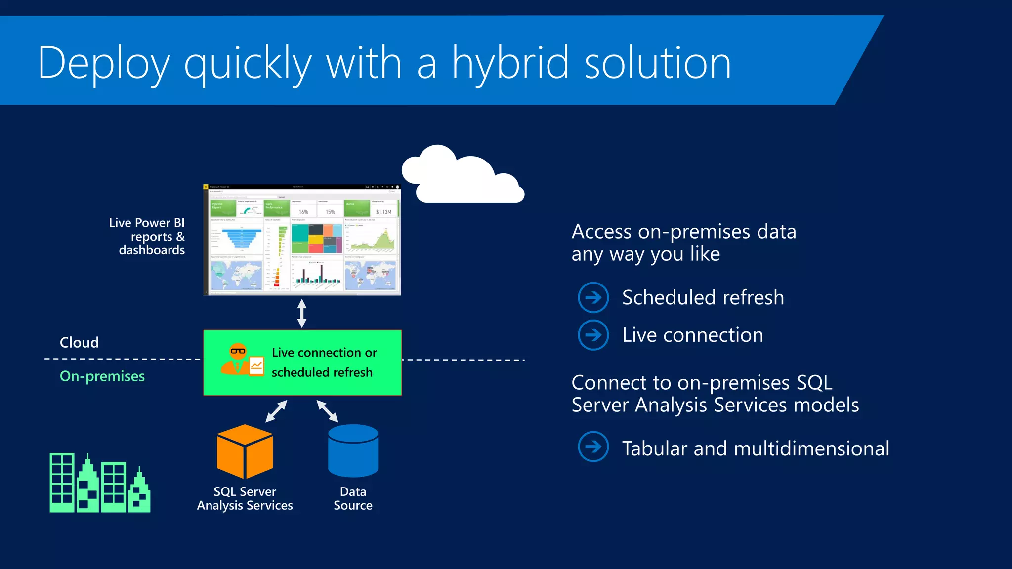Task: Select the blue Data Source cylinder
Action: point(353,450)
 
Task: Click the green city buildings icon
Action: point(100,484)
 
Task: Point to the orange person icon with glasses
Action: point(237,359)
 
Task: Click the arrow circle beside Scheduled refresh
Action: point(593,297)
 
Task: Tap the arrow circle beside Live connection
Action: point(593,335)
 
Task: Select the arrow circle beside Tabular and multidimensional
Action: point(593,447)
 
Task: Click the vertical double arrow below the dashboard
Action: point(302,313)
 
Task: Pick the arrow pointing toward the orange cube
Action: point(276,411)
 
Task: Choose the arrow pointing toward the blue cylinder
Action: point(327,411)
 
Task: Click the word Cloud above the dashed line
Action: point(79,342)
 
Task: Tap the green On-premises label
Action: point(102,376)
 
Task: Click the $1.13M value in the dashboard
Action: point(383,212)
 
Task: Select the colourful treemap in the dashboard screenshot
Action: point(316,239)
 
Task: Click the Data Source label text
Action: point(353,498)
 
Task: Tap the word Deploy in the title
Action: point(104,64)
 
